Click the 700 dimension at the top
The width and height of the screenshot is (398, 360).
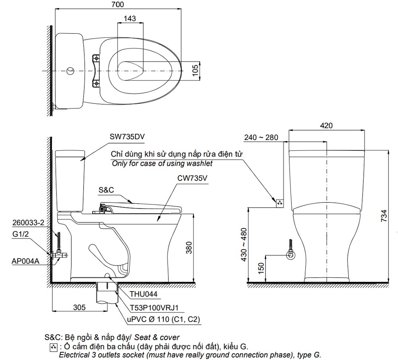117,5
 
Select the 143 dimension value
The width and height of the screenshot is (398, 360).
130,18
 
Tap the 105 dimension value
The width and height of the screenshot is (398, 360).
195,70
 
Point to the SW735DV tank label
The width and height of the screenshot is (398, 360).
127,136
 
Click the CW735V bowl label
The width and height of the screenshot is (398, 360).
193,179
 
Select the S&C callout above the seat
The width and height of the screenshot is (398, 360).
106,190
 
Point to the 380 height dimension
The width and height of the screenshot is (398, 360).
189,247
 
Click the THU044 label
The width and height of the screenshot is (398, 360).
144,294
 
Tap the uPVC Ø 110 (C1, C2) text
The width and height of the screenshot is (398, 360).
164,319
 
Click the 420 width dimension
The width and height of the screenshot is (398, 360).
326,126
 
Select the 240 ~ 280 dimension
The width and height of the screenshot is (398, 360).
261,138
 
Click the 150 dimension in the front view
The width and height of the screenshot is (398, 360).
261,268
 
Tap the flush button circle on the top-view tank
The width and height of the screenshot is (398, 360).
70,71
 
